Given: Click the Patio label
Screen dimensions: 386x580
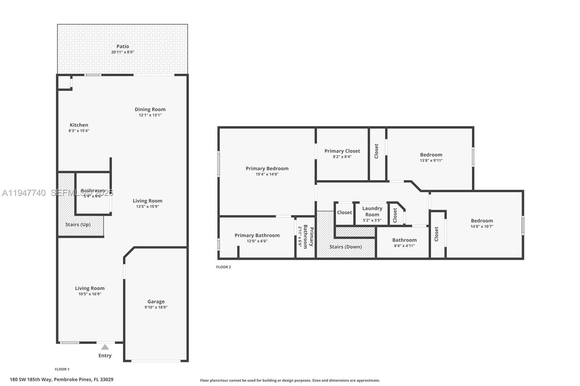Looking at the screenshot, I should click(x=123, y=46).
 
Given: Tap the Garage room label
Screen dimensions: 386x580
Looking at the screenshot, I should click(x=156, y=302).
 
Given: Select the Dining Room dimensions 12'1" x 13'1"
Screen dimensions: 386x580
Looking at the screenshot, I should click(x=150, y=115).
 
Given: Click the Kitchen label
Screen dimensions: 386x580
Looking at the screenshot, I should click(x=79, y=125).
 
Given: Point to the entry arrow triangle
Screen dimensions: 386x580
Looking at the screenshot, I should click(x=105, y=347).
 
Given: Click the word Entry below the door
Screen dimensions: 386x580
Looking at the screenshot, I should click(x=105, y=356).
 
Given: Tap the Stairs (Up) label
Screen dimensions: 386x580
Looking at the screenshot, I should click(x=78, y=225).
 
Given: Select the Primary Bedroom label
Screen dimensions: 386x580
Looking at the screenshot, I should click(x=267, y=168).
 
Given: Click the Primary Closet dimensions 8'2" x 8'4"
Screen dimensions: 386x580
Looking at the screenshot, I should click(x=342, y=157).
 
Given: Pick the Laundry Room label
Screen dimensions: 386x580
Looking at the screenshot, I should click(x=372, y=211).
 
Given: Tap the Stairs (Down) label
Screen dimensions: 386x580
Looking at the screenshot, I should click(x=345, y=247).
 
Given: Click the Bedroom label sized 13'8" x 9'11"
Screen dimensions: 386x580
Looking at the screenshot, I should click(x=431, y=155).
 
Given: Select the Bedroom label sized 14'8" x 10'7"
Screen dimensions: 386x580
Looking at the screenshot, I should click(x=482, y=221).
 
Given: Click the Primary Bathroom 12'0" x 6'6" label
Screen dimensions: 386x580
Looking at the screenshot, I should click(x=257, y=235).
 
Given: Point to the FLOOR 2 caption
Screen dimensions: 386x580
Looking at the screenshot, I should click(x=223, y=267).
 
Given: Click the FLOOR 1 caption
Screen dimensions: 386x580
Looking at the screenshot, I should click(x=62, y=369).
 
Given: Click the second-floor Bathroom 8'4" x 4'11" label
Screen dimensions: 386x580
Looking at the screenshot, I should click(x=404, y=240).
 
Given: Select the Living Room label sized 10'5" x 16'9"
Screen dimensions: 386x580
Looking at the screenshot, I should click(x=90, y=289).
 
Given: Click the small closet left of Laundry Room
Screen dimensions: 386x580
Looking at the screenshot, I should click(x=344, y=213).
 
